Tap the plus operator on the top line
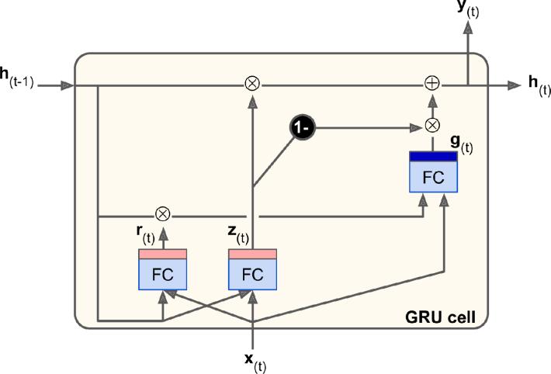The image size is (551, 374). point(432,84)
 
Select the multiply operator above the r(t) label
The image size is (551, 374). point(163,214)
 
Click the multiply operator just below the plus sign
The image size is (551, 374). point(432,125)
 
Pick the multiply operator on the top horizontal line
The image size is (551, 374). point(252,84)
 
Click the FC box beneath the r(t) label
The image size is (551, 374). point(163,269)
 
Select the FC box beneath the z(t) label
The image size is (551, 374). point(253,269)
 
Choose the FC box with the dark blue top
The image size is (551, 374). point(434,172)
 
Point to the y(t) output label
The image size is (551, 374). point(468,9)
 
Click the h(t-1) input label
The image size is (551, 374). point(17,78)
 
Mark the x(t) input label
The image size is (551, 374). point(255,363)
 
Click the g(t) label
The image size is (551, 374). point(462,144)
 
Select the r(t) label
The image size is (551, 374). point(145,234)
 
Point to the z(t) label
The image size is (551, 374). point(238,234)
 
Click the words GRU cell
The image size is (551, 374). point(440,317)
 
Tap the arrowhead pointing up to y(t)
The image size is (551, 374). point(468,28)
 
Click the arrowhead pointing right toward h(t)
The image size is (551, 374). point(515,85)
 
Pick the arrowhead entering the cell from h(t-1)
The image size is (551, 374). point(67,85)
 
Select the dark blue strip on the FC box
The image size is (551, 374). point(434,157)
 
